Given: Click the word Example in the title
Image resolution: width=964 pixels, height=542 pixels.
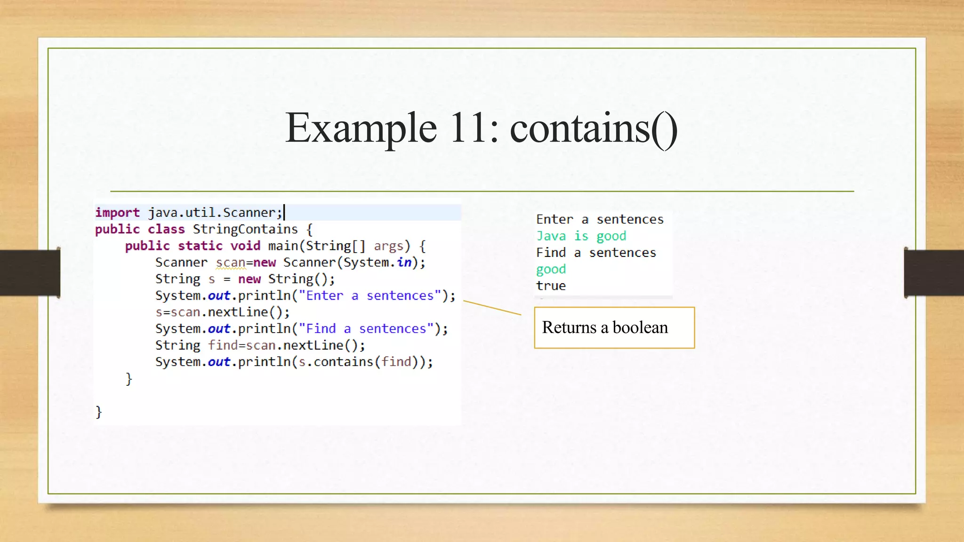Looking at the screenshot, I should pos(361,128).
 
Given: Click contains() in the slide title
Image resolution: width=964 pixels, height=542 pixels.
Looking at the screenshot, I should pos(594,128).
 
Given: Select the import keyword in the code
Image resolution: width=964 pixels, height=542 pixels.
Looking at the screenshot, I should pos(117,213).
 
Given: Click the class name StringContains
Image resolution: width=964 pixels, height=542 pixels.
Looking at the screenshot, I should pos(245,230).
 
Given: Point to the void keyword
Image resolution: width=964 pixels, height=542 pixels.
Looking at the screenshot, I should pos(245,246).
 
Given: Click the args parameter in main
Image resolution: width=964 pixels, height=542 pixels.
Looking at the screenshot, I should pos(388,246).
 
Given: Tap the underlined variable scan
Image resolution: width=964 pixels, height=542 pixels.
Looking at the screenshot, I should pos(231,263).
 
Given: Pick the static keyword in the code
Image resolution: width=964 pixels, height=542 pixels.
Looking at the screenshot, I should pos(200,246).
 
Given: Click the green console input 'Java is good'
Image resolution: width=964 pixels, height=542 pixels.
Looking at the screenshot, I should pos(581,236).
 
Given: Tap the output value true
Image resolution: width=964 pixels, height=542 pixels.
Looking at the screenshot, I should pos(551,286).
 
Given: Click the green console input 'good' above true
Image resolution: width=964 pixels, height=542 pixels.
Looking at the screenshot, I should pos(551,270).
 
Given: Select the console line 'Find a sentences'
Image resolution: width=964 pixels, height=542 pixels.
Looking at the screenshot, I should pos(596,253).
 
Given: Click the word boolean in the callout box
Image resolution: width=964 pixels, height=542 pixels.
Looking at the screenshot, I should pos(640,327).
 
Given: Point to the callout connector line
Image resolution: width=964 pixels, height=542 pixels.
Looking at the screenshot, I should pos(492,308).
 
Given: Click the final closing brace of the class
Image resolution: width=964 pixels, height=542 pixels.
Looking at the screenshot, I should pos(99,412).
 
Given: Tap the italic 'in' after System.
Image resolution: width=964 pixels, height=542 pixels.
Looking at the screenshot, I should pos(404,263).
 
